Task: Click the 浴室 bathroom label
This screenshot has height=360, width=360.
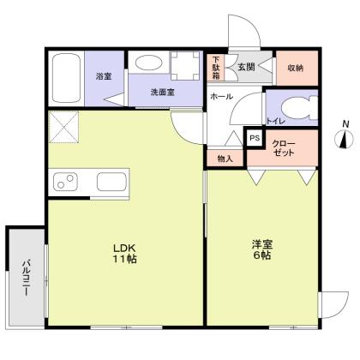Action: [x=104, y=75]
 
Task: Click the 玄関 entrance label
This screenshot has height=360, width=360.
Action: [x=247, y=66]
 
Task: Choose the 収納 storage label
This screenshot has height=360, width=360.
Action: [x=296, y=66]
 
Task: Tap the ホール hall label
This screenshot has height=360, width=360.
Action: [x=222, y=97]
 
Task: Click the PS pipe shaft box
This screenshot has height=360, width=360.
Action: [x=255, y=137]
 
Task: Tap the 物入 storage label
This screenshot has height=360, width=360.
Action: [x=225, y=158]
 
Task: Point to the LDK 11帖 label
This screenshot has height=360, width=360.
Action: [x=124, y=254]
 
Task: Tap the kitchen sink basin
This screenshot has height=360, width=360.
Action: [x=111, y=182]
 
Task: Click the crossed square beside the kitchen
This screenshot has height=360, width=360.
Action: [x=62, y=129]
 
